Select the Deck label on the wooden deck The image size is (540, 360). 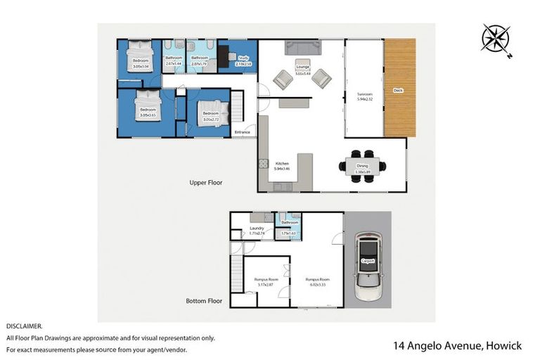tap(398, 90)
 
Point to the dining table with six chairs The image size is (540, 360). tap(362, 166)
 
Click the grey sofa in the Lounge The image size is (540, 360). tap(302, 48)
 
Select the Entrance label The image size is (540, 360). tap(243, 132)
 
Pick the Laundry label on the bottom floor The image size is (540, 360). tap(257, 228)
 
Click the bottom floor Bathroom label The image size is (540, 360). tap(290, 223)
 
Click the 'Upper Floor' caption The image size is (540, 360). tap(205, 183)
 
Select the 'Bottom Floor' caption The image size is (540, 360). tap(204, 301)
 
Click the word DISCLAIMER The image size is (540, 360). tap(25, 326)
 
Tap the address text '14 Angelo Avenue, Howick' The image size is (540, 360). tap(457, 346)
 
